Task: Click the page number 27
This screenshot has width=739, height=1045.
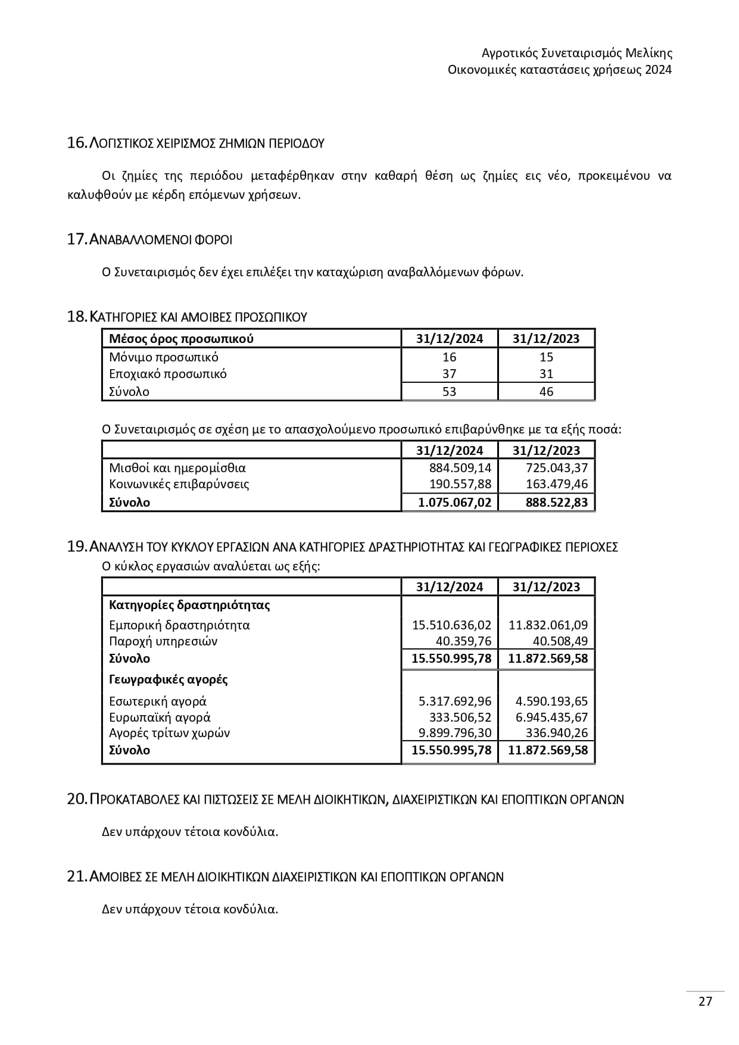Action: tap(705, 1002)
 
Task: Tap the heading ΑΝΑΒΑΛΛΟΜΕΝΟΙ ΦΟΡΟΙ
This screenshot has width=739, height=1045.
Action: tap(160, 239)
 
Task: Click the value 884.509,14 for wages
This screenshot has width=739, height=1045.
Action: tap(460, 468)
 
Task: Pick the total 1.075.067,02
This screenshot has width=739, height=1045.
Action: tap(455, 503)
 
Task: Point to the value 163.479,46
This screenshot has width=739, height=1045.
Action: tap(557, 484)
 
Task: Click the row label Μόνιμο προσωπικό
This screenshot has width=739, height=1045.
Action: tap(164, 357)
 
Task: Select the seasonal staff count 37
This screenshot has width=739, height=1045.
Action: tap(450, 374)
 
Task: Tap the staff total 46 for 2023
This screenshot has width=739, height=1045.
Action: tap(546, 392)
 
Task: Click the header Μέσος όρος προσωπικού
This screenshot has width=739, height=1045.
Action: tap(182, 339)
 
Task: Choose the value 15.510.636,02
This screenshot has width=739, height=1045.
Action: tap(452, 625)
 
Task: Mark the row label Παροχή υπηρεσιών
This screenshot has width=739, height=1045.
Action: tap(163, 641)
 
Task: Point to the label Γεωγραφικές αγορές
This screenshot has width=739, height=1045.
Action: tap(169, 679)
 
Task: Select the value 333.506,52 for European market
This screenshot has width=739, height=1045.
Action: tap(460, 718)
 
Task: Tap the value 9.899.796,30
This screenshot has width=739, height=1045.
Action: tap(455, 733)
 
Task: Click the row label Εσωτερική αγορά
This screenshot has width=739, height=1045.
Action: tap(158, 701)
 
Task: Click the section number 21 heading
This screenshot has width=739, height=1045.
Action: tap(285, 877)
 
